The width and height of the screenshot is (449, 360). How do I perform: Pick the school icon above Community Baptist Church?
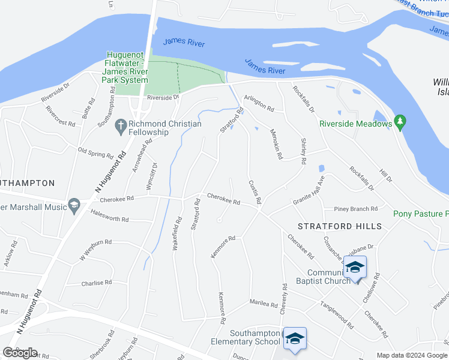point(355,266)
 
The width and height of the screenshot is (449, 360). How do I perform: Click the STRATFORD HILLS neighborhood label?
point(340,226)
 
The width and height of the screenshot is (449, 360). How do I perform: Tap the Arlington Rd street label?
point(259,103)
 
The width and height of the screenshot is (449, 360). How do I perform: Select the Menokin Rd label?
point(276,144)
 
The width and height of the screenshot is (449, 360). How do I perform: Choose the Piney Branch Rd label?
point(357,209)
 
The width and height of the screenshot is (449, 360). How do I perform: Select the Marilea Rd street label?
point(263,304)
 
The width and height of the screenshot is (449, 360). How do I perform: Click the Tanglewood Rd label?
point(337,314)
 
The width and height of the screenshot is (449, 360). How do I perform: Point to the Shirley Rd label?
point(303,151)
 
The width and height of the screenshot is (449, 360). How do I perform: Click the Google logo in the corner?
point(20,353)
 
